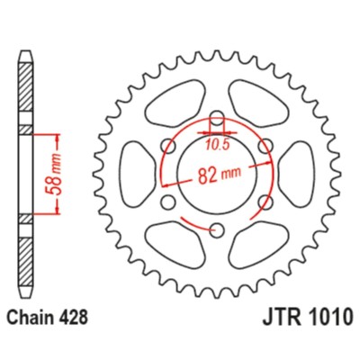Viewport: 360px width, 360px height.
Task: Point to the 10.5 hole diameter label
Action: (x=217, y=140)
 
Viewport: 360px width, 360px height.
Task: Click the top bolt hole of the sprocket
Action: (x=218, y=120)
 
